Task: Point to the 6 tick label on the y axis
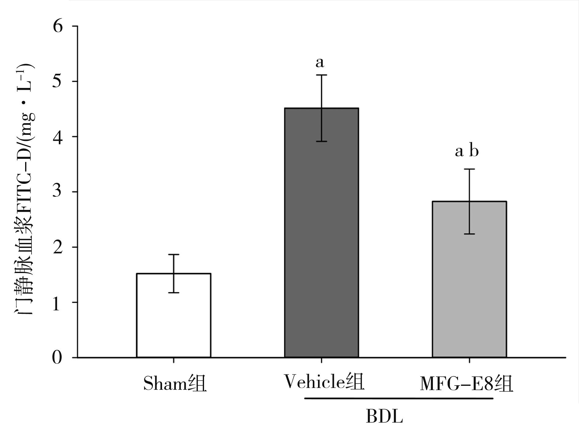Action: (58, 26)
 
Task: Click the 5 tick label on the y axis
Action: (58, 82)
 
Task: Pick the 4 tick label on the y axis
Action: (58, 137)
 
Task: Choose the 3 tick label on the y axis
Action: (58, 192)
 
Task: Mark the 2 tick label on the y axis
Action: (58, 247)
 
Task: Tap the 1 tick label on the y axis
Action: (58, 302)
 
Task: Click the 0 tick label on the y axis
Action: (58, 358)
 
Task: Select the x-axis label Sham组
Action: (175, 383)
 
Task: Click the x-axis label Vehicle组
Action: (324, 382)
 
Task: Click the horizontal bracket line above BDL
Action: (399, 399)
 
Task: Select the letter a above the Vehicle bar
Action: (320, 63)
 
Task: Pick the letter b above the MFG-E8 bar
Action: (474, 151)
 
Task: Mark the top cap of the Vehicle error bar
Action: (321, 75)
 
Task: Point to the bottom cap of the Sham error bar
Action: (173, 293)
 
